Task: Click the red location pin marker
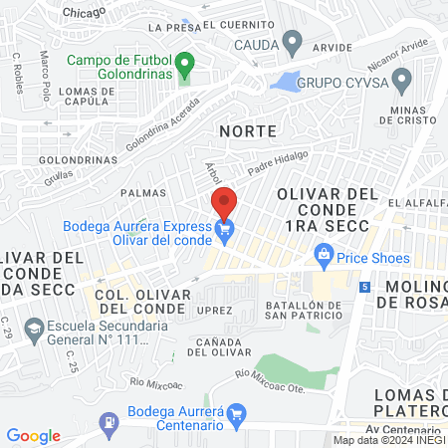tap(224, 202)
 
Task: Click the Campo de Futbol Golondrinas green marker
tap(184, 69)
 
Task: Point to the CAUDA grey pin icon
tap(292, 44)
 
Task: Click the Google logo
tap(33, 436)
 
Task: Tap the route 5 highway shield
tap(365, 287)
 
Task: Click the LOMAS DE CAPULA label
tap(89, 96)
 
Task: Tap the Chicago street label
tap(83, 11)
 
